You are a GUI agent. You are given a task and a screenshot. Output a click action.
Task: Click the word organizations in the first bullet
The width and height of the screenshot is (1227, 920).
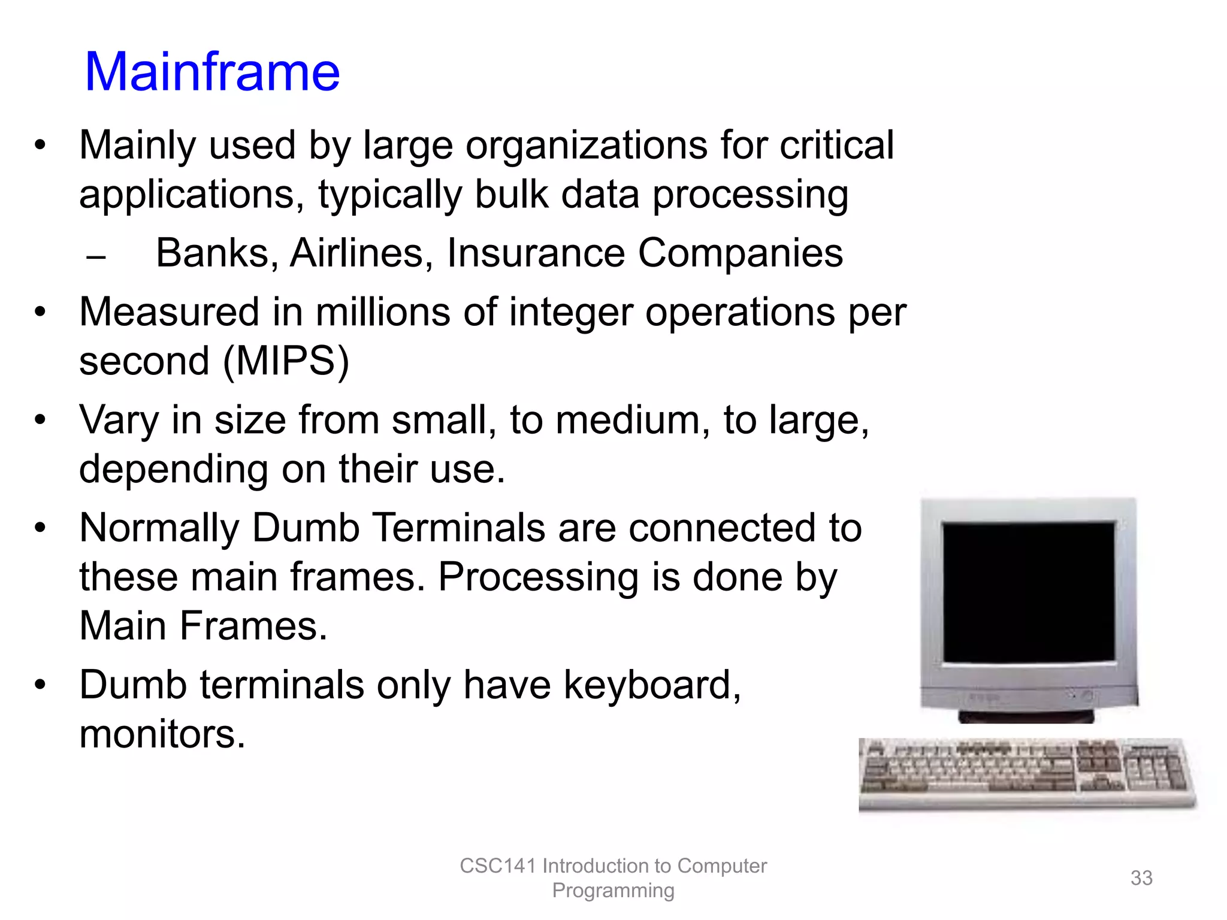(x=586, y=146)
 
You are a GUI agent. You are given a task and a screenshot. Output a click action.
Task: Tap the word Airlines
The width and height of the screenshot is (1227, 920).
(x=357, y=253)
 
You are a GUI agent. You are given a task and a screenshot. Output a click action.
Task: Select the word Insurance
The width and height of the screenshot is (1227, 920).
(x=536, y=253)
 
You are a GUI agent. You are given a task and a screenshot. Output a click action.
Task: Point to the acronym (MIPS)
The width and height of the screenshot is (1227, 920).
(x=286, y=361)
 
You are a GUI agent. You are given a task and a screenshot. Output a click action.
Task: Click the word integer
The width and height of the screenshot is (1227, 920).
(x=570, y=313)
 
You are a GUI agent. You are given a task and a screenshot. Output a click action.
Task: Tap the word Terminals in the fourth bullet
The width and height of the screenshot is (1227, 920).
(x=458, y=528)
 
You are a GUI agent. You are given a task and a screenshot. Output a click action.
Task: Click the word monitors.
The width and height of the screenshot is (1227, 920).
(x=162, y=734)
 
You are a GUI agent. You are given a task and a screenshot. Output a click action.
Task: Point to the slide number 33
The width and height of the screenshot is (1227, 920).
(x=1141, y=878)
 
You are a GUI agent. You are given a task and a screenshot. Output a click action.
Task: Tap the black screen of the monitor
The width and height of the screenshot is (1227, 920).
(x=1028, y=592)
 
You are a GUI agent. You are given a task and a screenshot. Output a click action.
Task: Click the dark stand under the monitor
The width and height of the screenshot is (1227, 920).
(x=1026, y=716)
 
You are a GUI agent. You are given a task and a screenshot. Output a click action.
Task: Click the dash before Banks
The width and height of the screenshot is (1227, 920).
(x=96, y=258)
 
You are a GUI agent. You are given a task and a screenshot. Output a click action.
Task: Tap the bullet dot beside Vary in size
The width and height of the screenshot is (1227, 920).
(x=40, y=420)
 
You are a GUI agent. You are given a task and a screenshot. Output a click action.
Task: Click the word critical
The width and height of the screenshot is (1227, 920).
(x=836, y=146)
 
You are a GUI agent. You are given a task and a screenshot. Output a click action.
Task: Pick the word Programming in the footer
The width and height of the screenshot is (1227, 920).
(x=613, y=891)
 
